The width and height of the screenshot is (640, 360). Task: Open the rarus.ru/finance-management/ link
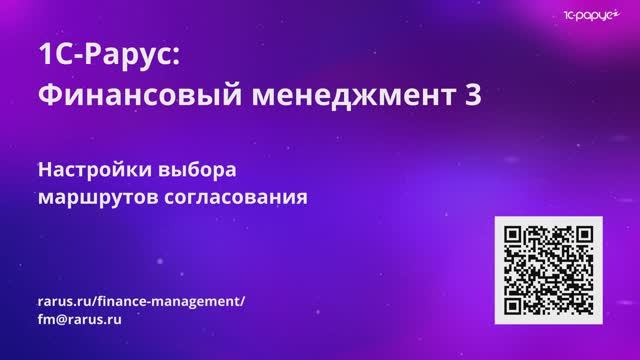(x=139, y=301)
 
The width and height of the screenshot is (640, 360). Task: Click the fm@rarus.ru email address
(x=79, y=321)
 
